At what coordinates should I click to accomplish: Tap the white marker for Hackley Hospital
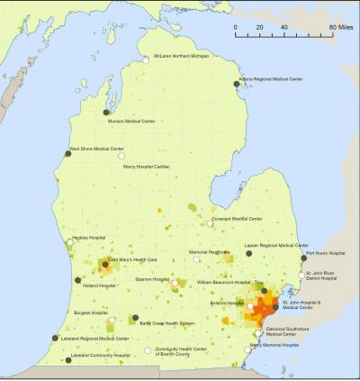tap(69, 241)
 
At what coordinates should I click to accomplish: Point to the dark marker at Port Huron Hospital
tap(303, 259)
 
